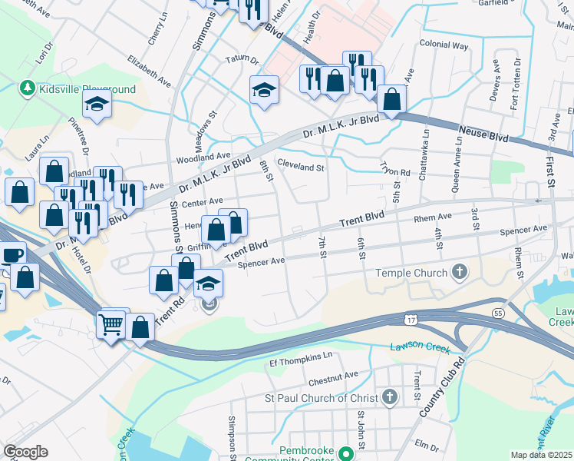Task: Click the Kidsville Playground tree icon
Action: pos(28,88)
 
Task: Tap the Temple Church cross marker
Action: pos(459,272)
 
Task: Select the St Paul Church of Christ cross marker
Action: pos(390,397)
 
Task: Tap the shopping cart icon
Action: pos(111,325)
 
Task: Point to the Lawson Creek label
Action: pos(419,347)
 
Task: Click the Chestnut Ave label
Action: pos(333,376)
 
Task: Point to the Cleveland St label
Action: pos(302,166)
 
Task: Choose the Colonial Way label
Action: pos(444,45)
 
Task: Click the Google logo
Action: pos(25,452)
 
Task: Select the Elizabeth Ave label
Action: pos(150,68)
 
